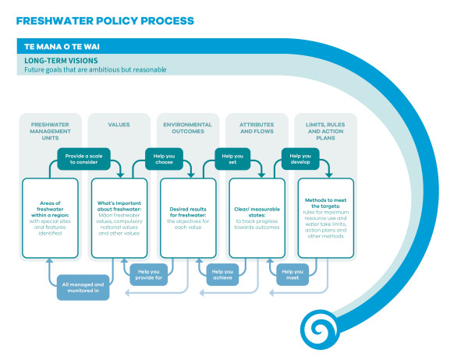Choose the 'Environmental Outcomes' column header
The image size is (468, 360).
[x=186, y=128]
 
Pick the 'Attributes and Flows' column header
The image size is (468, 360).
[x=255, y=128]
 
